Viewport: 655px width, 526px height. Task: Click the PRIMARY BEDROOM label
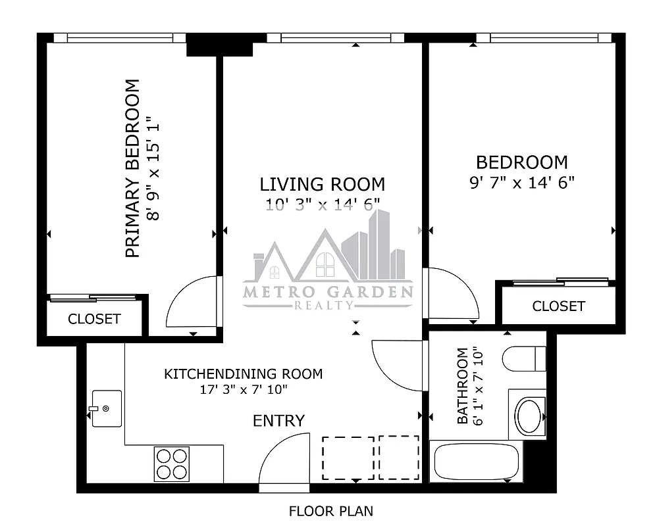(x=132, y=168)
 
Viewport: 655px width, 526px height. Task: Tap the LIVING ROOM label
(x=322, y=184)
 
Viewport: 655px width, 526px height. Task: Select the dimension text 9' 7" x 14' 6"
(x=522, y=183)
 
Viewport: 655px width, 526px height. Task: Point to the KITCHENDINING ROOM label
(x=243, y=374)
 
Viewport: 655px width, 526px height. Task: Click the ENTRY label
(x=279, y=421)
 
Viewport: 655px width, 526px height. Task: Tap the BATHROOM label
(x=463, y=386)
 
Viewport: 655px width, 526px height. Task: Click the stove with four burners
(x=172, y=463)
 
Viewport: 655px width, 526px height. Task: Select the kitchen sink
(x=106, y=408)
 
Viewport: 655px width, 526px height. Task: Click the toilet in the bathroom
(x=525, y=359)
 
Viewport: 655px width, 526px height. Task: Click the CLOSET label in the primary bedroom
(x=94, y=319)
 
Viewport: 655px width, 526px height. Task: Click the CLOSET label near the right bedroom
(x=558, y=306)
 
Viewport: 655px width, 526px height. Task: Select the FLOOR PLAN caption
(x=331, y=510)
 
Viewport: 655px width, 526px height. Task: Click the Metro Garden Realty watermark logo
(x=328, y=270)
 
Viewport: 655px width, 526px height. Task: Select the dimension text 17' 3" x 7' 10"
(x=244, y=389)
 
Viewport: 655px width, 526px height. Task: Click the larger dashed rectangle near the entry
(x=348, y=458)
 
